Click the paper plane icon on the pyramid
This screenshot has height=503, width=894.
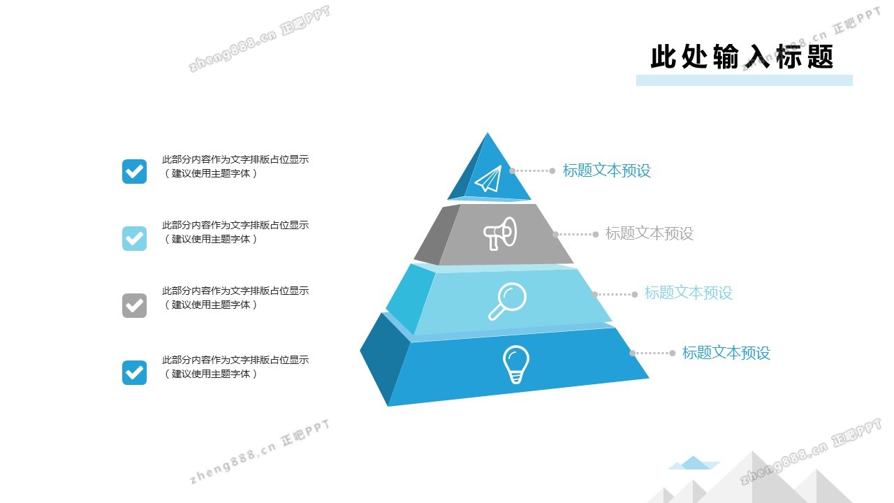point(488,180)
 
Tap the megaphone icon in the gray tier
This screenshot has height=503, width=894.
point(499,233)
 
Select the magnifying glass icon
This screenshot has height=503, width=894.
point(507,301)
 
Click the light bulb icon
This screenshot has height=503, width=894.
point(515,365)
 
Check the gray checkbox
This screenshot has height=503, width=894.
point(135,305)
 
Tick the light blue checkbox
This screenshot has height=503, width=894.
point(135,238)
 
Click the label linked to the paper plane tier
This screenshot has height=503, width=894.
point(607,170)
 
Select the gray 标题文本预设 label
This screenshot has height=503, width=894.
point(650,233)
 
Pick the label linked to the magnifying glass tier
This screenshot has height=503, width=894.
point(689,293)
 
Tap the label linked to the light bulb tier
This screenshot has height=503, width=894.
point(726,353)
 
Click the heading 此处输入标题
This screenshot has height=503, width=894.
point(742,57)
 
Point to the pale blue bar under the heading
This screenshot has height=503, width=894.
point(745,80)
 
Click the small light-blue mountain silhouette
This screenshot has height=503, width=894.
point(694,462)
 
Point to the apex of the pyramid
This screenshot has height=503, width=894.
point(488,133)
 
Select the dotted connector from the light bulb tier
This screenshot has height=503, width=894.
point(652,353)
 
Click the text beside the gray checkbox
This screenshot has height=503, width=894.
point(235,298)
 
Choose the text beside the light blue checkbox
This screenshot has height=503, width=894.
point(235,232)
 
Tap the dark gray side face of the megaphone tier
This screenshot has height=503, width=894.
point(437,235)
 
